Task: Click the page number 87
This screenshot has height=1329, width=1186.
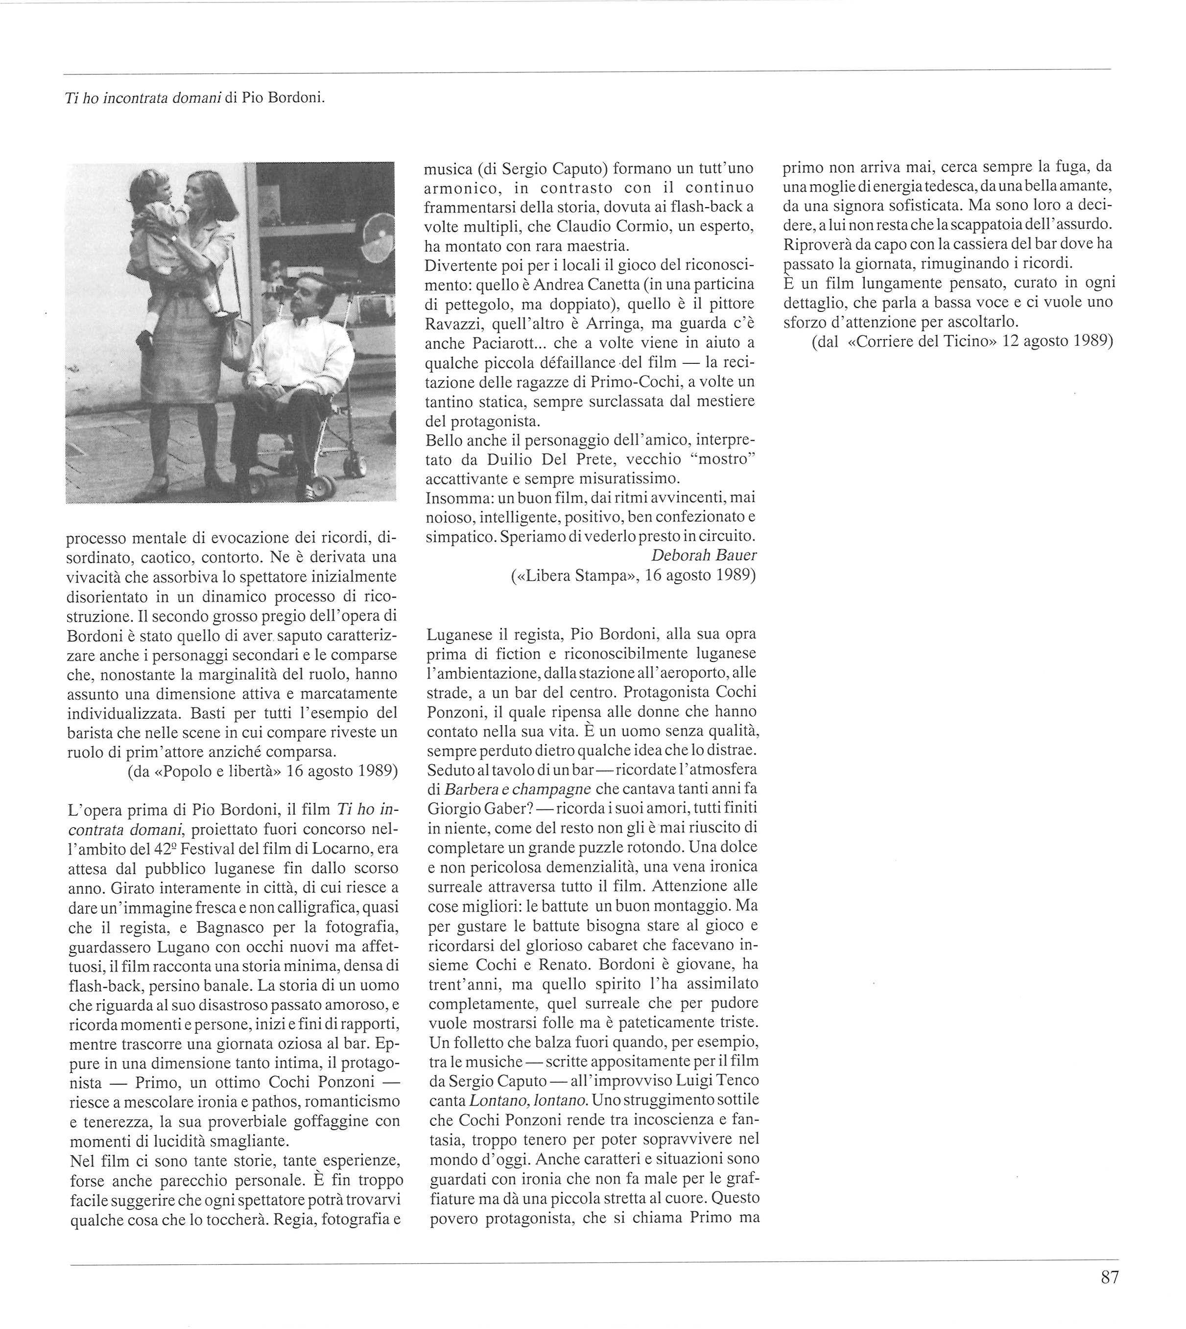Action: pos(1109,1295)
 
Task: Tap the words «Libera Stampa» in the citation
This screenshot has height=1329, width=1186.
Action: pos(573,575)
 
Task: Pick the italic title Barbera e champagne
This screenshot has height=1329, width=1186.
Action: pos(518,789)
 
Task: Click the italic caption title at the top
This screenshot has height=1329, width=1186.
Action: pos(140,98)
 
